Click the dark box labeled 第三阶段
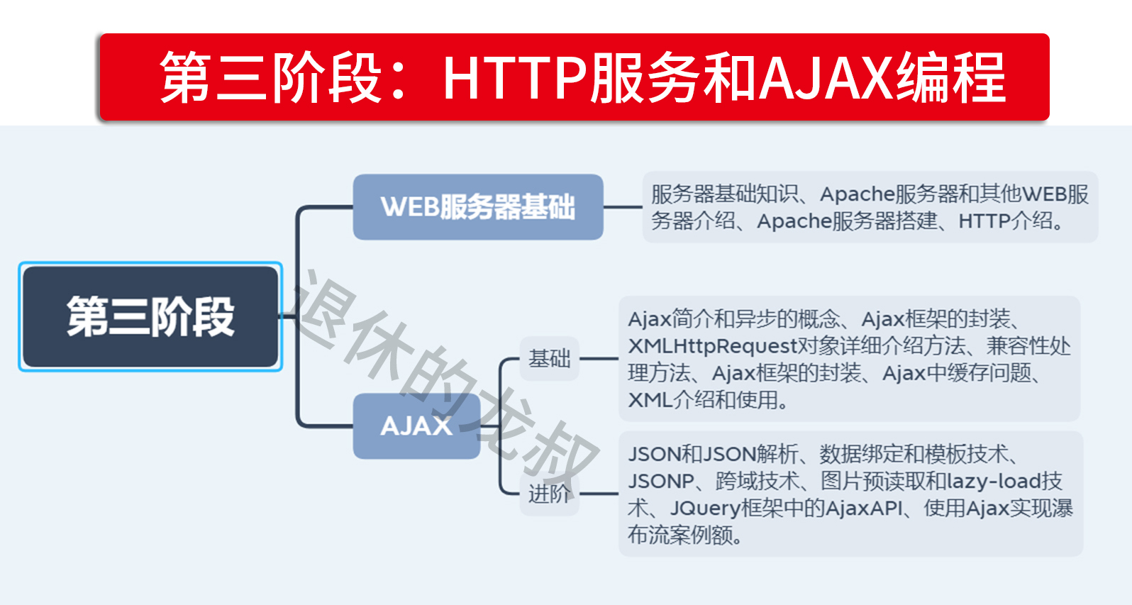(x=150, y=316)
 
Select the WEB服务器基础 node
(x=478, y=207)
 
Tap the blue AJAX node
(x=416, y=426)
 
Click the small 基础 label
(x=549, y=359)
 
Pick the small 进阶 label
(x=549, y=494)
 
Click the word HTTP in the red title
(x=516, y=77)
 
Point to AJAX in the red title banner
(x=826, y=77)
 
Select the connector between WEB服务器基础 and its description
(x=623, y=207)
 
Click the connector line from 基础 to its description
(x=599, y=359)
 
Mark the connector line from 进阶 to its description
(x=599, y=494)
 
